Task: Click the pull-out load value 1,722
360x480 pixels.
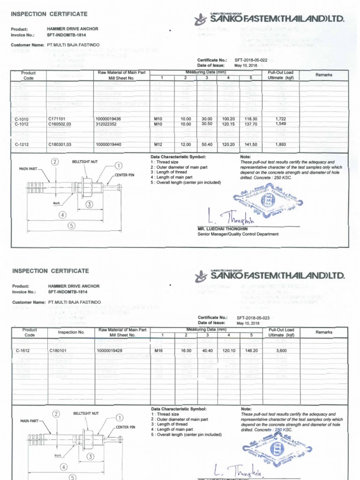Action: (x=281, y=119)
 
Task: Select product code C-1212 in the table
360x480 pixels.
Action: (x=22, y=144)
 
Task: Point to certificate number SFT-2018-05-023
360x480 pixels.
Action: (x=254, y=317)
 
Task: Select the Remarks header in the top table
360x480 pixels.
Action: (x=323, y=75)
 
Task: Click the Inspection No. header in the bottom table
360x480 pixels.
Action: (x=71, y=332)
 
